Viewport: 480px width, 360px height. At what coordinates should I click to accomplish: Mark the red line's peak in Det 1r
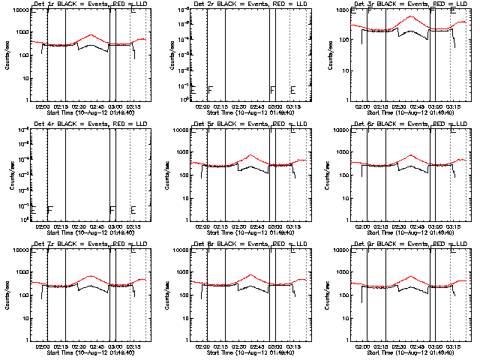pos(90,34)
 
